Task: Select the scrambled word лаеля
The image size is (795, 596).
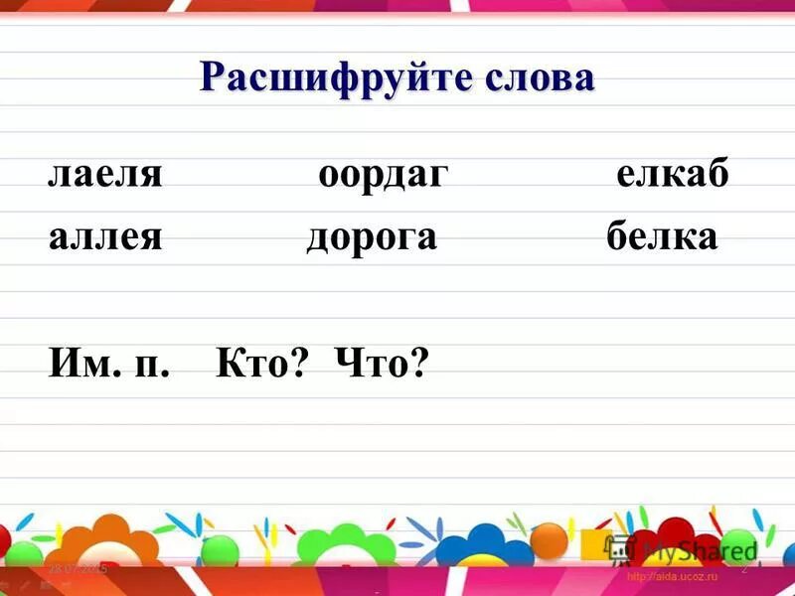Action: (x=104, y=177)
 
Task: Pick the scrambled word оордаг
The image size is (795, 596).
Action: (x=384, y=177)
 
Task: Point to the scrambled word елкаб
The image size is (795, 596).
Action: (x=672, y=177)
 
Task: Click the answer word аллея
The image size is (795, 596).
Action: (x=104, y=238)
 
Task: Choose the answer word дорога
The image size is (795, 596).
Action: (x=372, y=238)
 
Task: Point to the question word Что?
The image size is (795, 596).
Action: (x=382, y=366)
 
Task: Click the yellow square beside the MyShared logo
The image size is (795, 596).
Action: (x=594, y=544)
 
